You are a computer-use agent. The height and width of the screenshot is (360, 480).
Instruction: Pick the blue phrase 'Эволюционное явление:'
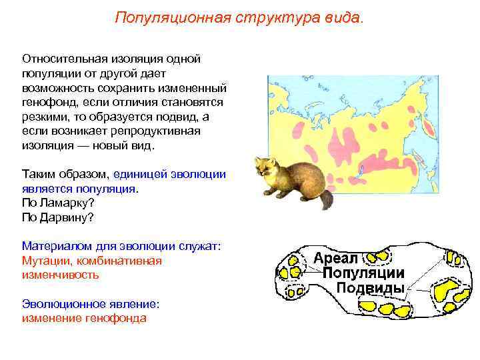pyautogui.click(x=91, y=303)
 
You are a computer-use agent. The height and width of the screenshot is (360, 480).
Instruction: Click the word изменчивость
pyautogui.click(x=61, y=275)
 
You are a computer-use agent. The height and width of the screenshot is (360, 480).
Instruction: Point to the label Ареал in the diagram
pyautogui.click(x=336, y=257)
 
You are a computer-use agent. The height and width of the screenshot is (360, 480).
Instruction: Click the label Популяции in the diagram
pyautogui.click(x=364, y=273)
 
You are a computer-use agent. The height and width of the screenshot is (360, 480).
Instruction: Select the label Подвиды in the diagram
pyautogui.click(x=370, y=289)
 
